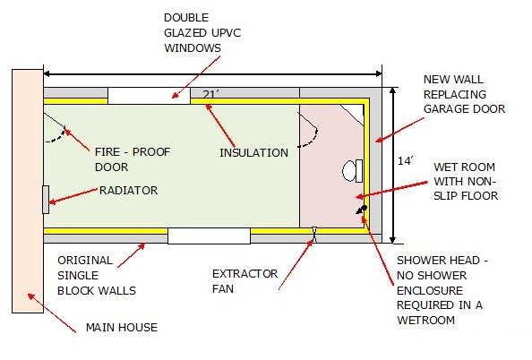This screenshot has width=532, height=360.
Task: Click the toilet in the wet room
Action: pyautogui.click(x=352, y=171)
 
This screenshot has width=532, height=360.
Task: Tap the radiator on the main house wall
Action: pyautogui.click(x=46, y=200)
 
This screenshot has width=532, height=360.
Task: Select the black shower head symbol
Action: pyautogui.click(x=362, y=210)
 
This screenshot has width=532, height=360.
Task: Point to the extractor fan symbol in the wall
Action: pyautogui.click(x=314, y=235)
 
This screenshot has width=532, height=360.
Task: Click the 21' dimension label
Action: pyautogui.click(x=210, y=94)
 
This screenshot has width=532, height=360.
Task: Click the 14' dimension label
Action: pyautogui.click(x=406, y=160)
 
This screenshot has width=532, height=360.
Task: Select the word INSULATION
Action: pyautogui.click(x=253, y=152)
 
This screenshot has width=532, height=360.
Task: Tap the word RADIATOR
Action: pyautogui.click(x=129, y=191)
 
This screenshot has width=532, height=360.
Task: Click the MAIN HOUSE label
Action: pyautogui.click(x=122, y=328)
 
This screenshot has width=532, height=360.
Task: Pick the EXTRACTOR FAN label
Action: pyautogui.click(x=245, y=281)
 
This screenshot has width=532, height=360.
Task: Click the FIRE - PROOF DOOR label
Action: pyautogui.click(x=133, y=159)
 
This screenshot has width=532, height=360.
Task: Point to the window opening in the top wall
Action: pyautogui.click(x=149, y=96)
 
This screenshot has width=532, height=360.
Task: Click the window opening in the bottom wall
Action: pyautogui.click(x=209, y=236)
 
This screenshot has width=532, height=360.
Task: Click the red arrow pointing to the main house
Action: pyautogui.click(x=52, y=313)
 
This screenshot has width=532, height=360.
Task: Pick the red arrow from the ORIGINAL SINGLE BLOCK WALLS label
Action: pyautogui.click(x=132, y=255)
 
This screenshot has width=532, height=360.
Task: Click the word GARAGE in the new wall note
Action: pyautogui.click(x=444, y=109)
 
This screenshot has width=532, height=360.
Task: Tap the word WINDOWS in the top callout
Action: pyautogui.click(x=193, y=47)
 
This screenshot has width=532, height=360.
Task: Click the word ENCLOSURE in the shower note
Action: pyautogui.click(x=430, y=290)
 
